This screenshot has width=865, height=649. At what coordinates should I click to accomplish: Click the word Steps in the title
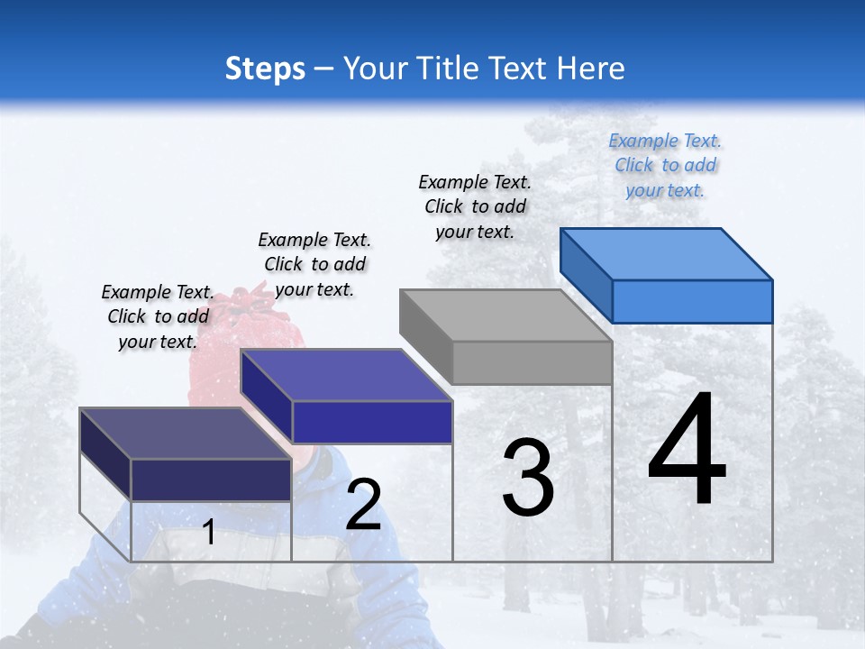265,69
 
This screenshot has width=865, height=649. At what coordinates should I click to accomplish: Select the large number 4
687,450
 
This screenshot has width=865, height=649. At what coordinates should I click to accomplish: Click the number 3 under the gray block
528,478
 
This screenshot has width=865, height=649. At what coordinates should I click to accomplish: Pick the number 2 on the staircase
363,505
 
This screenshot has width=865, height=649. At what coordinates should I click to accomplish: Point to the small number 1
208,532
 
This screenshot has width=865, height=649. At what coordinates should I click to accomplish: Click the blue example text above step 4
665,165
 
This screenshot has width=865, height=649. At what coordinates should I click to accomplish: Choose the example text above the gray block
475,206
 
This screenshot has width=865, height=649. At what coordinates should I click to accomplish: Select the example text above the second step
314,264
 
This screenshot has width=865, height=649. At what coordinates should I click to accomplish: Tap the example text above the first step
158,316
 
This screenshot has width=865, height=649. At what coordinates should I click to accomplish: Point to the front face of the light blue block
692,301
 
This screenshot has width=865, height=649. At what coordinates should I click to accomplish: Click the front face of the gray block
532,363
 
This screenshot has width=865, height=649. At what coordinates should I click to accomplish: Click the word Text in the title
523,69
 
